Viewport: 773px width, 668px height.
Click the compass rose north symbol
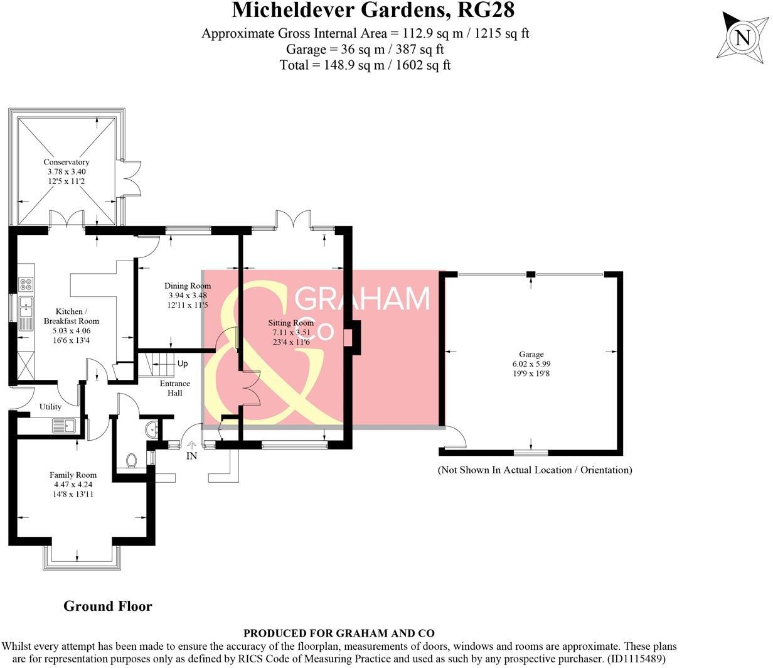click(742, 38)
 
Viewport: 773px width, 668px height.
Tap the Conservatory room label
click(67, 162)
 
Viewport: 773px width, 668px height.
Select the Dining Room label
click(188, 286)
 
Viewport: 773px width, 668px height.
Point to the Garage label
click(531, 354)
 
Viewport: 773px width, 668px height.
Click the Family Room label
click(73, 475)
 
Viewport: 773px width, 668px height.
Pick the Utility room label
click(50, 407)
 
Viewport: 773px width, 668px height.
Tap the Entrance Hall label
click(174, 388)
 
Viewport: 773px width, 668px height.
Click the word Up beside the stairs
click(183, 364)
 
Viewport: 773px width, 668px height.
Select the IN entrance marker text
click(192, 456)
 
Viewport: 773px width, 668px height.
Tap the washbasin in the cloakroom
click(151, 430)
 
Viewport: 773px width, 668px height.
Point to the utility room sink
click(65, 426)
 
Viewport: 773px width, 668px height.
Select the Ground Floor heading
click(108, 606)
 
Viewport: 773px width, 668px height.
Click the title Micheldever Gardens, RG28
click(373, 11)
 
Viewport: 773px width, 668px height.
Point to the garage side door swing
click(454, 437)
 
